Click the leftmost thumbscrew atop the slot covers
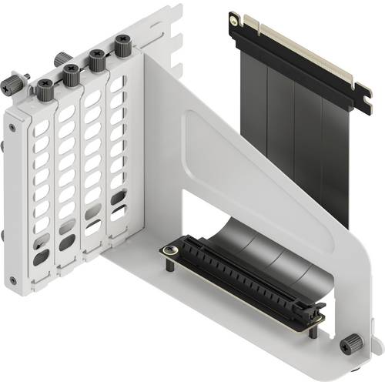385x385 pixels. (43, 87)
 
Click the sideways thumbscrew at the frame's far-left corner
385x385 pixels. (13, 84)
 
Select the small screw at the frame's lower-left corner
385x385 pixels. (12, 278)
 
